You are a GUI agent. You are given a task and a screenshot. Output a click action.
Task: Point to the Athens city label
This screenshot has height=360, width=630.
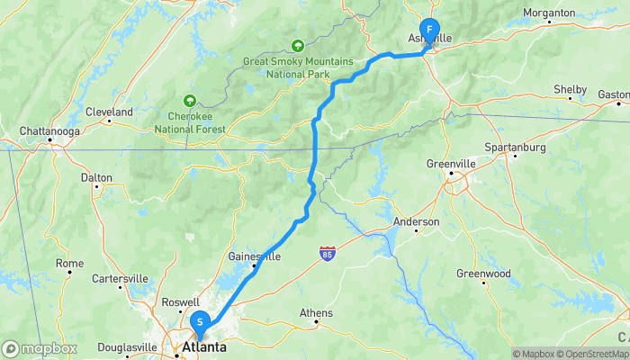click(316, 313)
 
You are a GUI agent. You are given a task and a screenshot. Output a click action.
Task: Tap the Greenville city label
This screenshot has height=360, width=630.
click(451, 164)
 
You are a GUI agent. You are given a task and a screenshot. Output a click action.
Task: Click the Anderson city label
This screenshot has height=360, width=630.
click(417, 221)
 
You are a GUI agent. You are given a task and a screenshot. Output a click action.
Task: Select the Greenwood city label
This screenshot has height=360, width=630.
click(483, 274)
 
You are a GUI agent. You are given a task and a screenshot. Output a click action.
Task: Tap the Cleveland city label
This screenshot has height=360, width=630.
click(109, 112)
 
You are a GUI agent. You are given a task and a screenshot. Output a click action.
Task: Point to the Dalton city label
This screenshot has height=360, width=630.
click(96, 178)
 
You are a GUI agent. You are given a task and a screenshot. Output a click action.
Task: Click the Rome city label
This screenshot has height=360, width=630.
click(69, 264)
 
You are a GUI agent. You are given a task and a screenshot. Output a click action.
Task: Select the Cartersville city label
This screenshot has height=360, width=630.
click(120, 278)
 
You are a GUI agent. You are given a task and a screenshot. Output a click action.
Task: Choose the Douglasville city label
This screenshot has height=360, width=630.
click(128, 346)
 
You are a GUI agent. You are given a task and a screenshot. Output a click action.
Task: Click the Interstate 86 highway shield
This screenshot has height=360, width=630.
click(329, 255)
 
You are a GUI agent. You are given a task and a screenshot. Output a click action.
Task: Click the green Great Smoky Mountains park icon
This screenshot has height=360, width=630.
click(298, 45)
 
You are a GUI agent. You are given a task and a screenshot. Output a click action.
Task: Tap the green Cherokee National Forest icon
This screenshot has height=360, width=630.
click(189, 100)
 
